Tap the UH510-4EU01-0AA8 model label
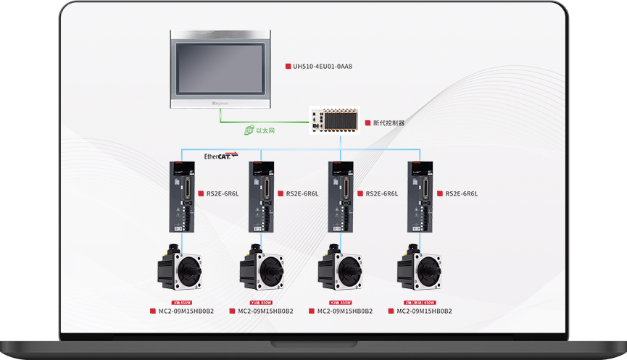click(323, 67)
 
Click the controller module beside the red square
click(334, 121)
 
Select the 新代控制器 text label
click(389, 123)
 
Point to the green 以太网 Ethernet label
click(265, 131)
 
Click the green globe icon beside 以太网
click(249, 131)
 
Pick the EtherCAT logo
click(220, 156)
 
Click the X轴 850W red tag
click(181, 303)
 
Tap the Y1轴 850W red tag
click(260, 303)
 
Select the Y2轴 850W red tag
click(340, 303)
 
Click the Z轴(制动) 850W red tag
click(420, 303)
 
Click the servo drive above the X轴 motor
click(182, 196)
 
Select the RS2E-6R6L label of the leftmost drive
click(223, 193)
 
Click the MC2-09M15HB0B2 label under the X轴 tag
click(186, 311)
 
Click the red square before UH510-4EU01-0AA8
click(288, 67)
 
